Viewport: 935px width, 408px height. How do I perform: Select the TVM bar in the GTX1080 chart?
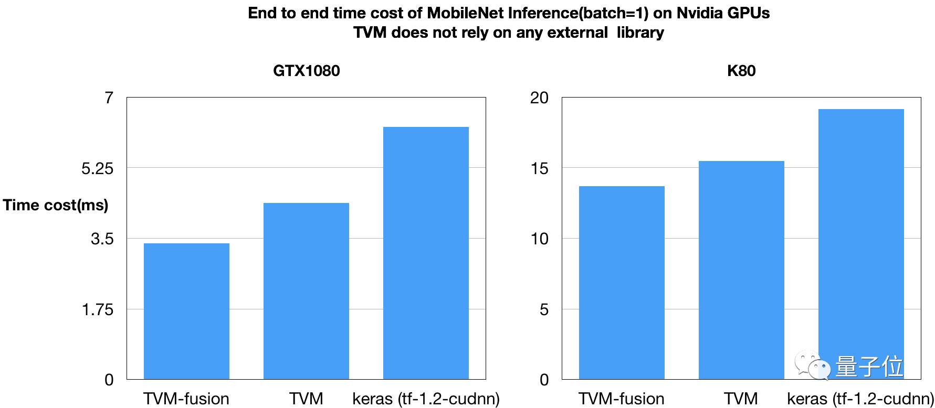[x=306, y=291]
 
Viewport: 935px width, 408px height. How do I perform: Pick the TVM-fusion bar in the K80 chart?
[x=622, y=283]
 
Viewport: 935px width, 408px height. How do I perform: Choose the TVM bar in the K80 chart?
[x=741, y=270]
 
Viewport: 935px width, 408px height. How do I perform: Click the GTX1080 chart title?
[x=307, y=71]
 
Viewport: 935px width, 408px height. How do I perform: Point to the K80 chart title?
[x=741, y=71]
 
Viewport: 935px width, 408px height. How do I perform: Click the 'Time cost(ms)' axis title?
[x=56, y=205]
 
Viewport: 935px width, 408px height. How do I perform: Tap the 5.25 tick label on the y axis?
[x=98, y=168]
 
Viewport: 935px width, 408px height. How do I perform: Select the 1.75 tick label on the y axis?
[x=98, y=309]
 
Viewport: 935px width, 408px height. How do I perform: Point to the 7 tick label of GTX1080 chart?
[x=109, y=98]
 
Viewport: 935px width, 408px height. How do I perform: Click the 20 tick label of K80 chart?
[x=539, y=98]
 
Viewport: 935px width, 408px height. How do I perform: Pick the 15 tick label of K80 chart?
[x=539, y=168]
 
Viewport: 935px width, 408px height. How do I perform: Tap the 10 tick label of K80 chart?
[x=539, y=239]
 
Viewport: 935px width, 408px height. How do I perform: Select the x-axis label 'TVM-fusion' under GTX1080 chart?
[x=186, y=399]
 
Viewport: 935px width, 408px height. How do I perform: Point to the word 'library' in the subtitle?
[x=640, y=33]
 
